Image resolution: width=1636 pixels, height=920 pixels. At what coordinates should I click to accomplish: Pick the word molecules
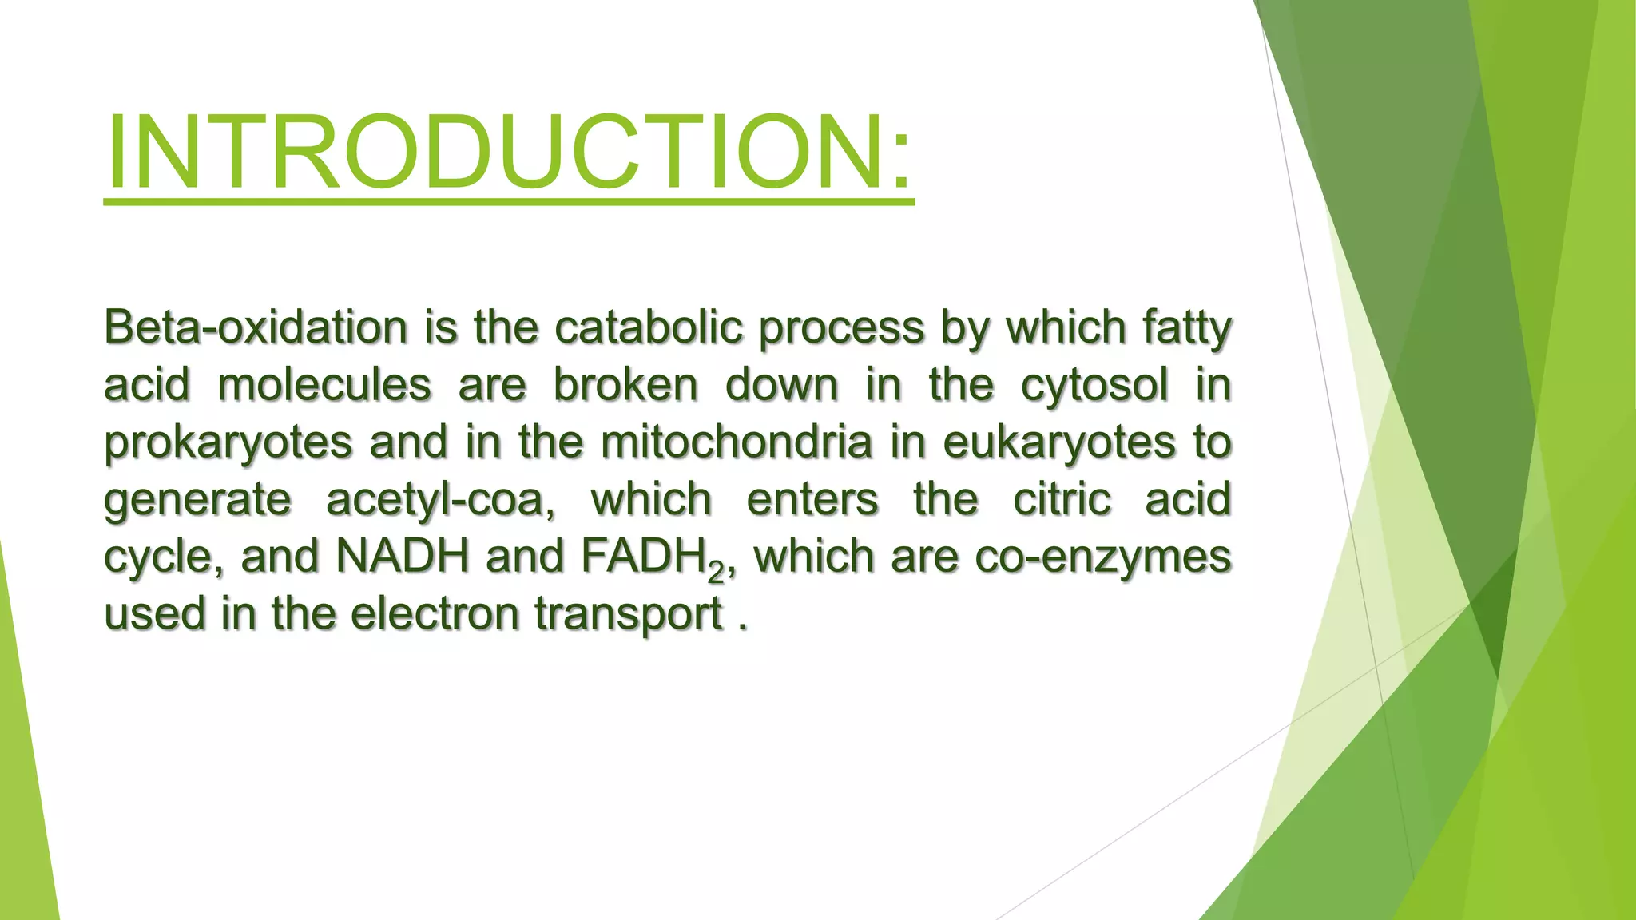coord(324,385)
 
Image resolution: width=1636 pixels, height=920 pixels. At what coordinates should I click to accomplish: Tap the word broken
coord(626,385)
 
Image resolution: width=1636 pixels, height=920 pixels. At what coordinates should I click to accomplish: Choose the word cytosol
coord(1094,387)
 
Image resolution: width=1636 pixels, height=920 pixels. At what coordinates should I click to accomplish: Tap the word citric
coord(1062,499)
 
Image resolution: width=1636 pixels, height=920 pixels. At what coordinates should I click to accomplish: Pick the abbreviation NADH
coord(403,556)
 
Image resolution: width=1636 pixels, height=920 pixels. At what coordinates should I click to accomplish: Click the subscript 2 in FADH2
coord(716,570)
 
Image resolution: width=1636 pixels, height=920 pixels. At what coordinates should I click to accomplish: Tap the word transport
coord(629,615)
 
